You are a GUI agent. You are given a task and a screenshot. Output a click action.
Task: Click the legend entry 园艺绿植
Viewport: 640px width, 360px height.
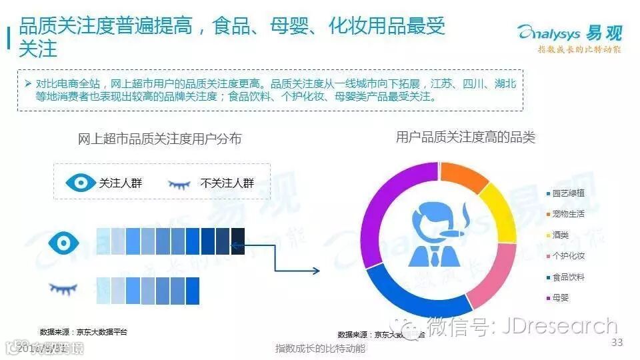click(568, 193)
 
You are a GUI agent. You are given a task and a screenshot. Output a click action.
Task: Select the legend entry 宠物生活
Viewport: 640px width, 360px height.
click(568, 214)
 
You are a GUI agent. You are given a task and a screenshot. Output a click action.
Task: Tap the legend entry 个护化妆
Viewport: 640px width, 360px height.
click(568, 256)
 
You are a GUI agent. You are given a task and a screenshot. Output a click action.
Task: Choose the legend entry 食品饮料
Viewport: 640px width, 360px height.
click(568, 277)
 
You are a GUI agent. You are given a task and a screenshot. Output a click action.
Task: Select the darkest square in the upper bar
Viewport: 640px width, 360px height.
click(237, 241)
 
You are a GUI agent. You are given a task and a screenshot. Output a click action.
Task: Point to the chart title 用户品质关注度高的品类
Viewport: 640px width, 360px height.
click(465, 137)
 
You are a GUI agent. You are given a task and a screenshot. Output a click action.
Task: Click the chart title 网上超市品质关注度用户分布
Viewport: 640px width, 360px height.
click(159, 139)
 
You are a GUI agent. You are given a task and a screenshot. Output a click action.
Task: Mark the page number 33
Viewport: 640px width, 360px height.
click(617, 343)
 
